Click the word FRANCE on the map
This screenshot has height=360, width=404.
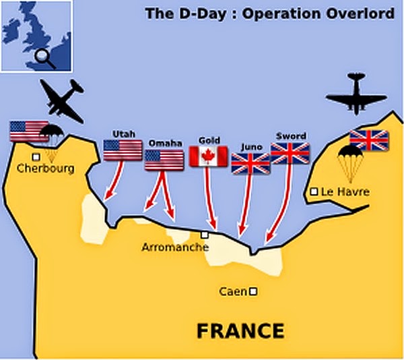(x=240, y=332)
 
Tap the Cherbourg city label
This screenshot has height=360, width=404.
(x=46, y=169)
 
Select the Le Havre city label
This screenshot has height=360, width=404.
(x=345, y=192)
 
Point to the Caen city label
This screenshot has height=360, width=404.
(x=232, y=292)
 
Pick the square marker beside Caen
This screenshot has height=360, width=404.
(x=253, y=292)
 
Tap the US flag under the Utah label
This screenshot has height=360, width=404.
(x=123, y=150)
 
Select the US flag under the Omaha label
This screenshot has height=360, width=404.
(x=164, y=159)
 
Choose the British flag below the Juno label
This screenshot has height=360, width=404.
(x=250, y=163)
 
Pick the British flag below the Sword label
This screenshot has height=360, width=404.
(x=290, y=153)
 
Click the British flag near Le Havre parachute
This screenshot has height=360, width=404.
(x=368, y=140)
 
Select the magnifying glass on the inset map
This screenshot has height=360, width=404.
(x=44, y=56)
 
